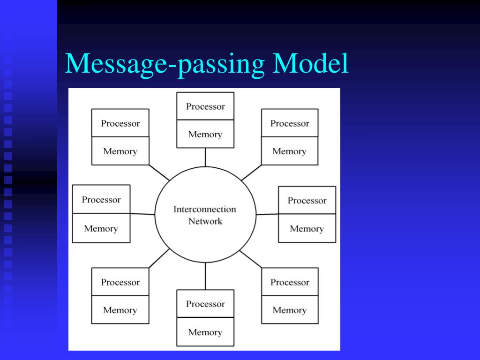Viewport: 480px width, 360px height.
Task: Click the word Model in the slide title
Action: click(x=311, y=64)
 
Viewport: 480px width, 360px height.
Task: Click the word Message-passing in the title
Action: click(x=166, y=65)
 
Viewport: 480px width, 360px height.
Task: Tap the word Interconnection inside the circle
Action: click(x=205, y=209)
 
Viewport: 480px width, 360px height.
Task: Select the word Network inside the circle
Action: click(x=205, y=221)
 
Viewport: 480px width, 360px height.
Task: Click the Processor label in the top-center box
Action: click(x=205, y=106)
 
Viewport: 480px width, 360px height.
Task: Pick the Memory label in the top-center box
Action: click(x=205, y=135)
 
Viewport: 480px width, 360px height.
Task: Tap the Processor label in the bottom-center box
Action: click(x=205, y=304)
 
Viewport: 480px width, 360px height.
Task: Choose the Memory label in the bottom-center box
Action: click(x=205, y=332)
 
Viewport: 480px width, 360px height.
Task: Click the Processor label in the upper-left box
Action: click(x=120, y=124)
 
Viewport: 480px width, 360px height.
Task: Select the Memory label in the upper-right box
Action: click(x=289, y=151)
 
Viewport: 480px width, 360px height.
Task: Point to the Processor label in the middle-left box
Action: click(x=101, y=200)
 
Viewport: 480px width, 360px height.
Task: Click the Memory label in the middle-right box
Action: click(x=307, y=229)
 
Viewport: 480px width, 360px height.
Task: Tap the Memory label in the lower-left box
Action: click(x=120, y=310)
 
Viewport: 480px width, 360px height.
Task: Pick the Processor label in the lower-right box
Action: click(x=290, y=283)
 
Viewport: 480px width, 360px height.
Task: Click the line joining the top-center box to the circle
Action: click(x=205, y=157)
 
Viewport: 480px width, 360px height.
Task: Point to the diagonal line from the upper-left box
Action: click(x=159, y=172)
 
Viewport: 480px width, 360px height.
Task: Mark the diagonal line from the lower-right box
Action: click(x=251, y=259)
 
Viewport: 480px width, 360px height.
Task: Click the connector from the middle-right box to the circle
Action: click(x=267, y=214)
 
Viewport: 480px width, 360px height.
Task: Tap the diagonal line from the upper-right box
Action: click(x=251, y=172)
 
